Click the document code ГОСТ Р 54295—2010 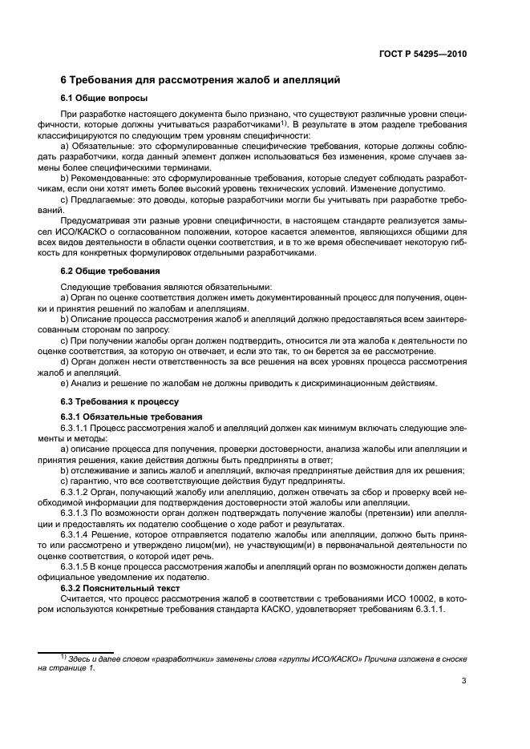click(x=425, y=55)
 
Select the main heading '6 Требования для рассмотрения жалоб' click(x=201, y=80)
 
